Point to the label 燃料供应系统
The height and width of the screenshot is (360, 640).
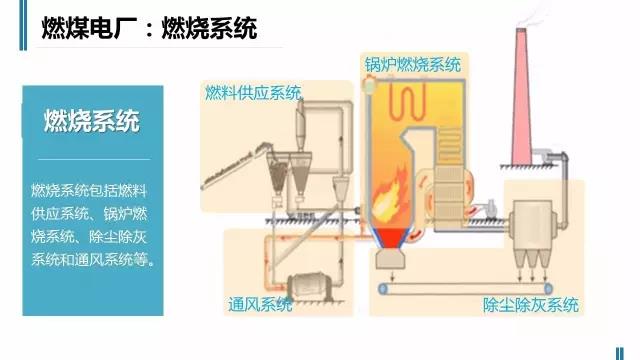tap(252, 93)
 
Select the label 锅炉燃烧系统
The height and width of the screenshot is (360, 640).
tap(412, 65)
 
